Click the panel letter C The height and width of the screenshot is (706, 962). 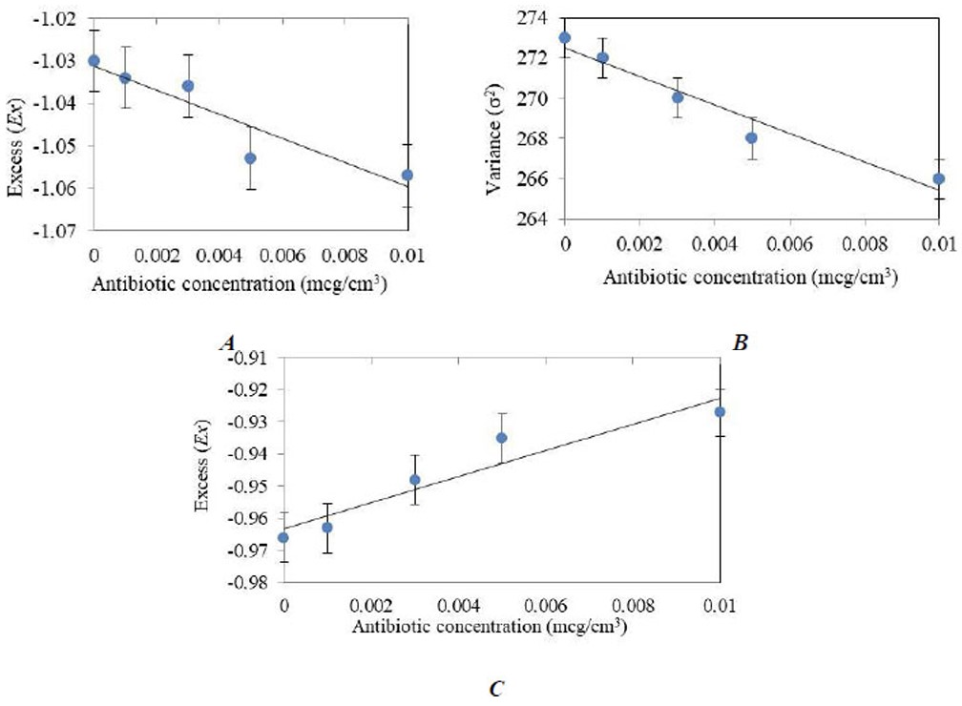click(x=494, y=688)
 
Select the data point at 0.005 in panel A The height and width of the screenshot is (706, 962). click(x=250, y=158)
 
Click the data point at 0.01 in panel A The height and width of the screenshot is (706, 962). click(x=408, y=175)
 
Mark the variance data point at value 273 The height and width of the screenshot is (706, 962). click(x=565, y=38)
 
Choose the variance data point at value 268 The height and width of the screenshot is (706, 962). click(x=752, y=137)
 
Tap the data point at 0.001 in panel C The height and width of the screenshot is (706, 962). click(x=327, y=528)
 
